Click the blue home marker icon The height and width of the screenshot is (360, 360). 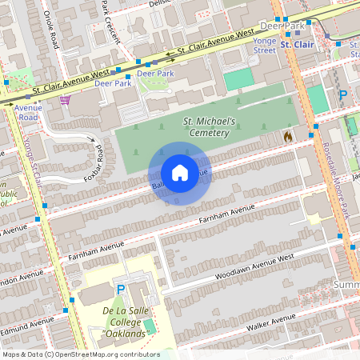pyautogui.click(x=180, y=173)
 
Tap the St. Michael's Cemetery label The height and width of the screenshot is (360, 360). pyautogui.click(x=209, y=126)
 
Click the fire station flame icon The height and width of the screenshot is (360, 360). pyautogui.click(x=288, y=137)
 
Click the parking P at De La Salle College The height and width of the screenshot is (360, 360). pyautogui.click(x=122, y=289)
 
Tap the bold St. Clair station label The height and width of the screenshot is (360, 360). pyautogui.click(x=297, y=45)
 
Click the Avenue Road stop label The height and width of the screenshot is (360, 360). pyautogui.click(x=28, y=112)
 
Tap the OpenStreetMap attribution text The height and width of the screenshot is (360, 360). pyautogui.click(x=80, y=354)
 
